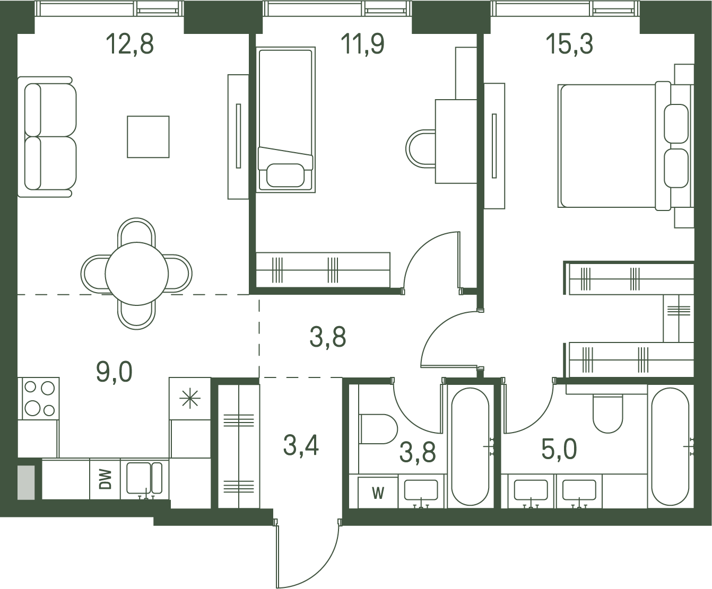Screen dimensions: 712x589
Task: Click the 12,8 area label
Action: [x=130, y=44]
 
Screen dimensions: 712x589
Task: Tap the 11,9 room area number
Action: [x=362, y=44]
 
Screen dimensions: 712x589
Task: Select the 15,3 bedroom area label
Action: [x=569, y=44]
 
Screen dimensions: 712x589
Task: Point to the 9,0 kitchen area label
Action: [x=114, y=373]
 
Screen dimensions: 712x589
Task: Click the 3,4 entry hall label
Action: [x=301, y=446]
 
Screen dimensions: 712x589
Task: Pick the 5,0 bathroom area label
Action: [x=559, y=449]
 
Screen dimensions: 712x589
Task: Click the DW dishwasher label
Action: [x=105, y=479]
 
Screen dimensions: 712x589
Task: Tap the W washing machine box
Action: [x=378, y=493]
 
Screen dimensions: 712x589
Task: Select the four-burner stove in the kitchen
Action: [x=39, y=398]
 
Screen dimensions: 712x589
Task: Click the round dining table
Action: [x=136, y=274]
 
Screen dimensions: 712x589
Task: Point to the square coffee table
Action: [x=149, y=137]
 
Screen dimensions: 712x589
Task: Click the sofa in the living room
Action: [x=47, y=137]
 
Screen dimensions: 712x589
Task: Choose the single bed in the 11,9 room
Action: [x=286, y=120]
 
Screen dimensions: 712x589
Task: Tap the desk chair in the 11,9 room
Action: [x=420, y=149]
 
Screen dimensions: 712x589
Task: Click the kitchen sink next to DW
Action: [x=144, y=478]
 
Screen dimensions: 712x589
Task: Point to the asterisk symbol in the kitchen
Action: [x=190, y=399]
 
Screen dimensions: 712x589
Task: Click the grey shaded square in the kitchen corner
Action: [x=26, y=482]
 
